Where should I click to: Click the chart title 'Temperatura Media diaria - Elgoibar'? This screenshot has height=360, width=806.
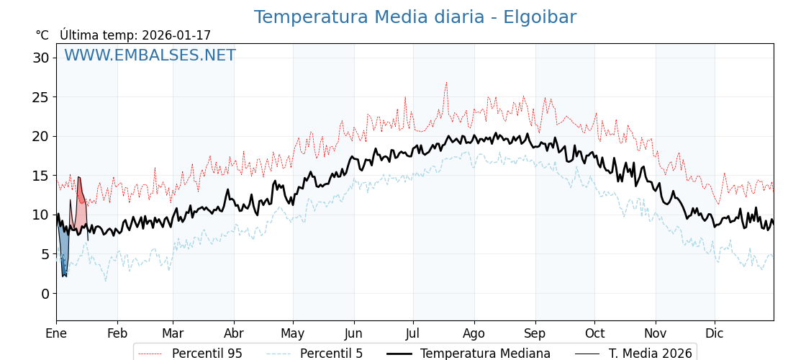click(415, 17)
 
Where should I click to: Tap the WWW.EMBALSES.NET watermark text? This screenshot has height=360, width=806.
click(150, 55)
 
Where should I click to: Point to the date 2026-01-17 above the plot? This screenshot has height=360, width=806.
click(176, 35)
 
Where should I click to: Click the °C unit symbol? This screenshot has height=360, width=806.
click(42, 35)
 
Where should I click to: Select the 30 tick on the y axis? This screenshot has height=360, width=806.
click(40, 58)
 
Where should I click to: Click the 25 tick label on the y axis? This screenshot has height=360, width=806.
click(40, 97)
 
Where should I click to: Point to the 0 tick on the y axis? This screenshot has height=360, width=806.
click(45, 294)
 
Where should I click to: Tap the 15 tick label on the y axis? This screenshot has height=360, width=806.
click(40, 176)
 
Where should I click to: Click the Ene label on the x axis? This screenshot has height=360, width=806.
click(56, 333)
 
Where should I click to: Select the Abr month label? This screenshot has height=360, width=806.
click(234, 333)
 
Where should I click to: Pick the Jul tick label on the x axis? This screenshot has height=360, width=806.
click(413, 333)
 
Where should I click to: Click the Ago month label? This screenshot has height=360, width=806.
click(474, 333)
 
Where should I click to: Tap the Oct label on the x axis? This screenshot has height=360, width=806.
click(594, 333)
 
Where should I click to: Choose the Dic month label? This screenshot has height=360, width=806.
click(715, 333)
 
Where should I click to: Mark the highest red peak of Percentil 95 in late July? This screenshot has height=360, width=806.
click(446, 83)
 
